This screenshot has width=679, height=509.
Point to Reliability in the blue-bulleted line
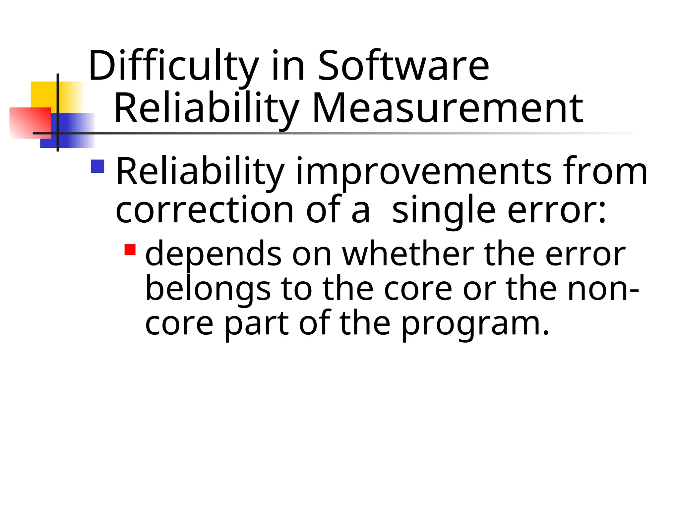pos(200,172)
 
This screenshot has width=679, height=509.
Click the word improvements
pos(423,172)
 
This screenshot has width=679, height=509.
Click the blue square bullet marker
pos(97,166)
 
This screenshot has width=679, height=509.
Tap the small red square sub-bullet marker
pos(130,250)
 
